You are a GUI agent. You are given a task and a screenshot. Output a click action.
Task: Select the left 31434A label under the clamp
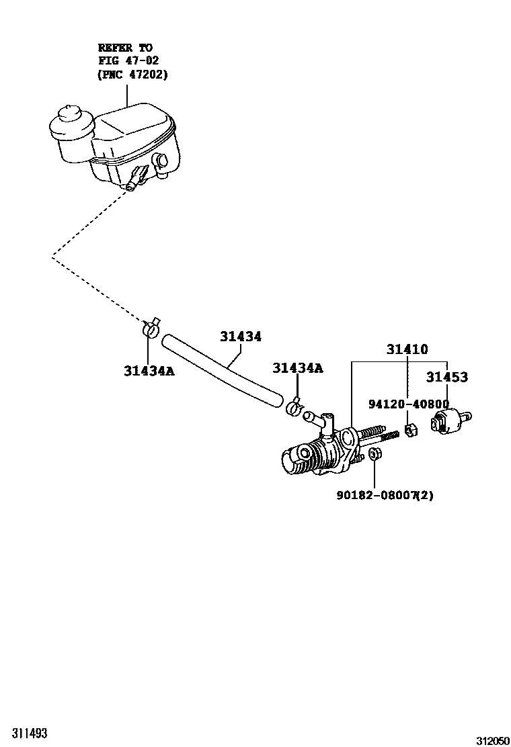tap(149, 370)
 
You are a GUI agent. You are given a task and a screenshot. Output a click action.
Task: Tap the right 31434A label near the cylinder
tap(297, 367)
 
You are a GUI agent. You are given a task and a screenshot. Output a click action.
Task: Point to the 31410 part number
tap(407, 349)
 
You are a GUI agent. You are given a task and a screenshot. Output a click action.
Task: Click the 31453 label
tap(446, 378)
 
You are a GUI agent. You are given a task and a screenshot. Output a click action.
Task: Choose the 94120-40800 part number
tap(408, 404)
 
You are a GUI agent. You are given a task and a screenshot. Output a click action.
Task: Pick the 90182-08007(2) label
tap(385, 495)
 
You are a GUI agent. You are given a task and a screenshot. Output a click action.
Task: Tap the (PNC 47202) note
tap(132, 74)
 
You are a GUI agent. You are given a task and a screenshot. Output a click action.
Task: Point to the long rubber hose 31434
tap(222, 370)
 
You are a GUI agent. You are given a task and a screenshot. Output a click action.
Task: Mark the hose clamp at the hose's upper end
tap(151, 327)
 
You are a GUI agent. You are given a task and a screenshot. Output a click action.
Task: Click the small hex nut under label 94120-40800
tap(412, 428)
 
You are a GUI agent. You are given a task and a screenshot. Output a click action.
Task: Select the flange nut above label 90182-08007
tap(376, 456)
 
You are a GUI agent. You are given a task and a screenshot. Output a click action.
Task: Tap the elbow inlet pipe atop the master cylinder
tap(320, 419)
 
